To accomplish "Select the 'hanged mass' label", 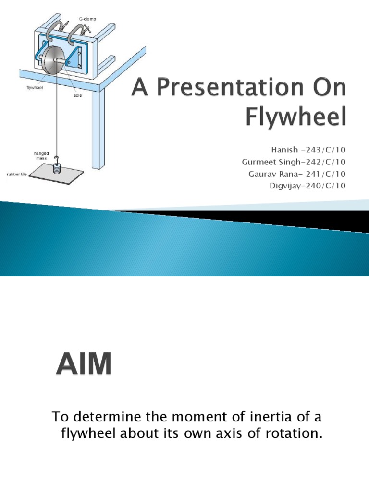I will click(x=40, y=155).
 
